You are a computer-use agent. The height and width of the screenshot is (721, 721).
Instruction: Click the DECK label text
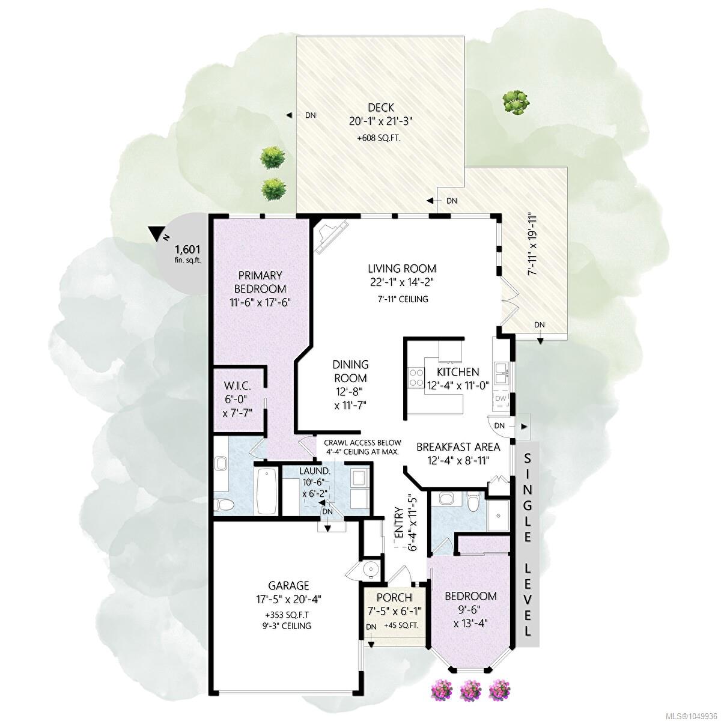point(381,108)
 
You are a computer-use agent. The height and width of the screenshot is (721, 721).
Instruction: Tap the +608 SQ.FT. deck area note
point(379,138)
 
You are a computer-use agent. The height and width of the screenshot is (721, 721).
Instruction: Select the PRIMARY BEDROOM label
point(260,282)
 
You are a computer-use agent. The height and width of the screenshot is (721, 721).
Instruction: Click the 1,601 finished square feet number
point(187,249)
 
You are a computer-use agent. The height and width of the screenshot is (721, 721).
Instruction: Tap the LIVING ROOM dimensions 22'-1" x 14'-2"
point(402,282)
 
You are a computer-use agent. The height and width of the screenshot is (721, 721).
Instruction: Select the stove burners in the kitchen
point(416,377)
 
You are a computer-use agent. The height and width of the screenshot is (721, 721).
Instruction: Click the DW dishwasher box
point(500,398)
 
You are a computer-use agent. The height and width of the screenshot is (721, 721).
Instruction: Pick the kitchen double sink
point(501,373)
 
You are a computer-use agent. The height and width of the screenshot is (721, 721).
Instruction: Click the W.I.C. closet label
point(237,385)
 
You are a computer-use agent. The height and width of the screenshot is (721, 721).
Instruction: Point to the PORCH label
point(394,597)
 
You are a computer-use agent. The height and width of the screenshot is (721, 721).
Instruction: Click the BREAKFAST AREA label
point(458,447)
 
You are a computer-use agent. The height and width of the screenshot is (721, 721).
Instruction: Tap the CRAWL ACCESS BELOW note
point(362,443)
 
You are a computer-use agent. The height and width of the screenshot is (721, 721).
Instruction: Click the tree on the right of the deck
point(516,101)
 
